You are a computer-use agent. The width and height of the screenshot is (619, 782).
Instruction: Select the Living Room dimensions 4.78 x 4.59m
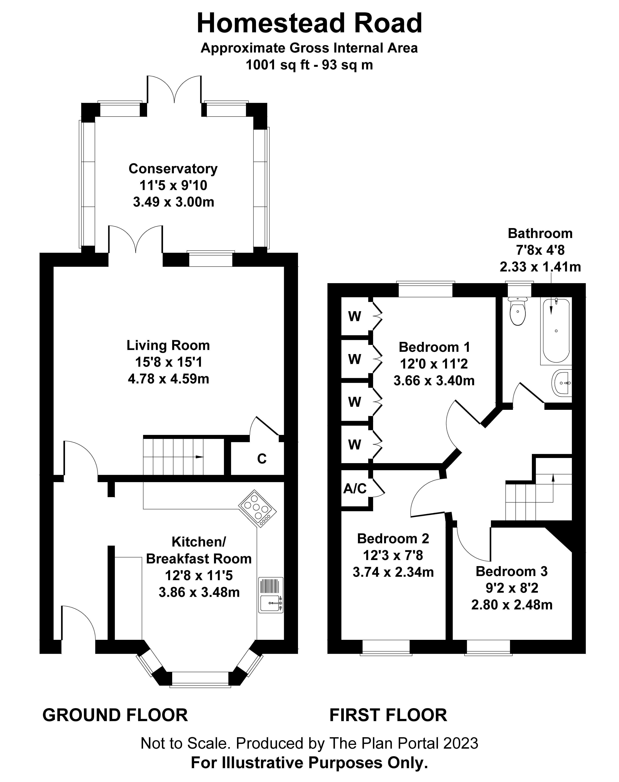(x=168, y=379)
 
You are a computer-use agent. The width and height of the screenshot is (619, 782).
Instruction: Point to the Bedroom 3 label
(x=511, y=572)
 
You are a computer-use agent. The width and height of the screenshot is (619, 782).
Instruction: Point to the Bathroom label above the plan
(x=540, y=233)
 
